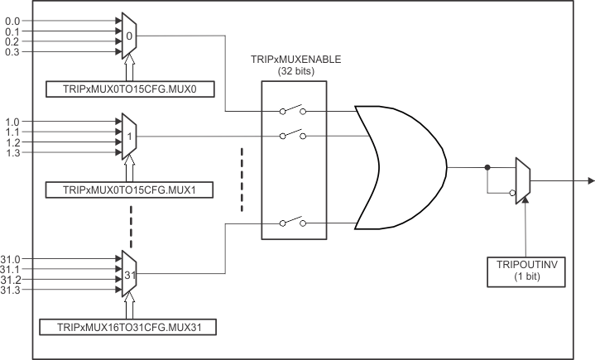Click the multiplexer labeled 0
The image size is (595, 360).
click(129, 36)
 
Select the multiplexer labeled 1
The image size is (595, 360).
click(129, 137)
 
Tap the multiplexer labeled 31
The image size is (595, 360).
click(129, 274)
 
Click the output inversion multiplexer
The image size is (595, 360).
click(521, 180)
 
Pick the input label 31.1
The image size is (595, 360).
click(12, 270)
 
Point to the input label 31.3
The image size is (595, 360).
click(12, 290)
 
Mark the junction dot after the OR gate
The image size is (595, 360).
click(487, 166)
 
